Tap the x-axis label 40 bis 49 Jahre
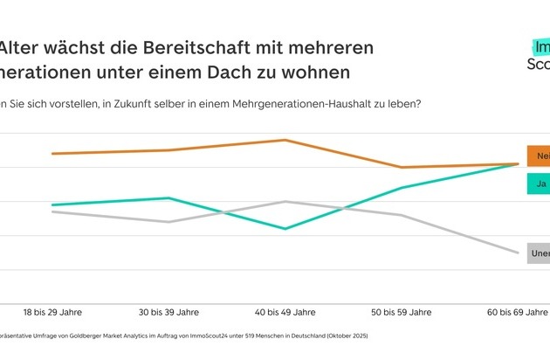click(x=286, y=311)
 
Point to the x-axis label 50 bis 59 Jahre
click(x=402, y=311)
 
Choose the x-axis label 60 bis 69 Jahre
click(x=518, y=311)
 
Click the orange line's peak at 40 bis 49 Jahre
click(x=286, y=140)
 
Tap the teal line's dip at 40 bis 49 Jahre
click(x=286, y=229)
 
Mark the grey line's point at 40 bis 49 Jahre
click(x=286, y=201)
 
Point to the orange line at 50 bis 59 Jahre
click(x=402, y=167)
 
